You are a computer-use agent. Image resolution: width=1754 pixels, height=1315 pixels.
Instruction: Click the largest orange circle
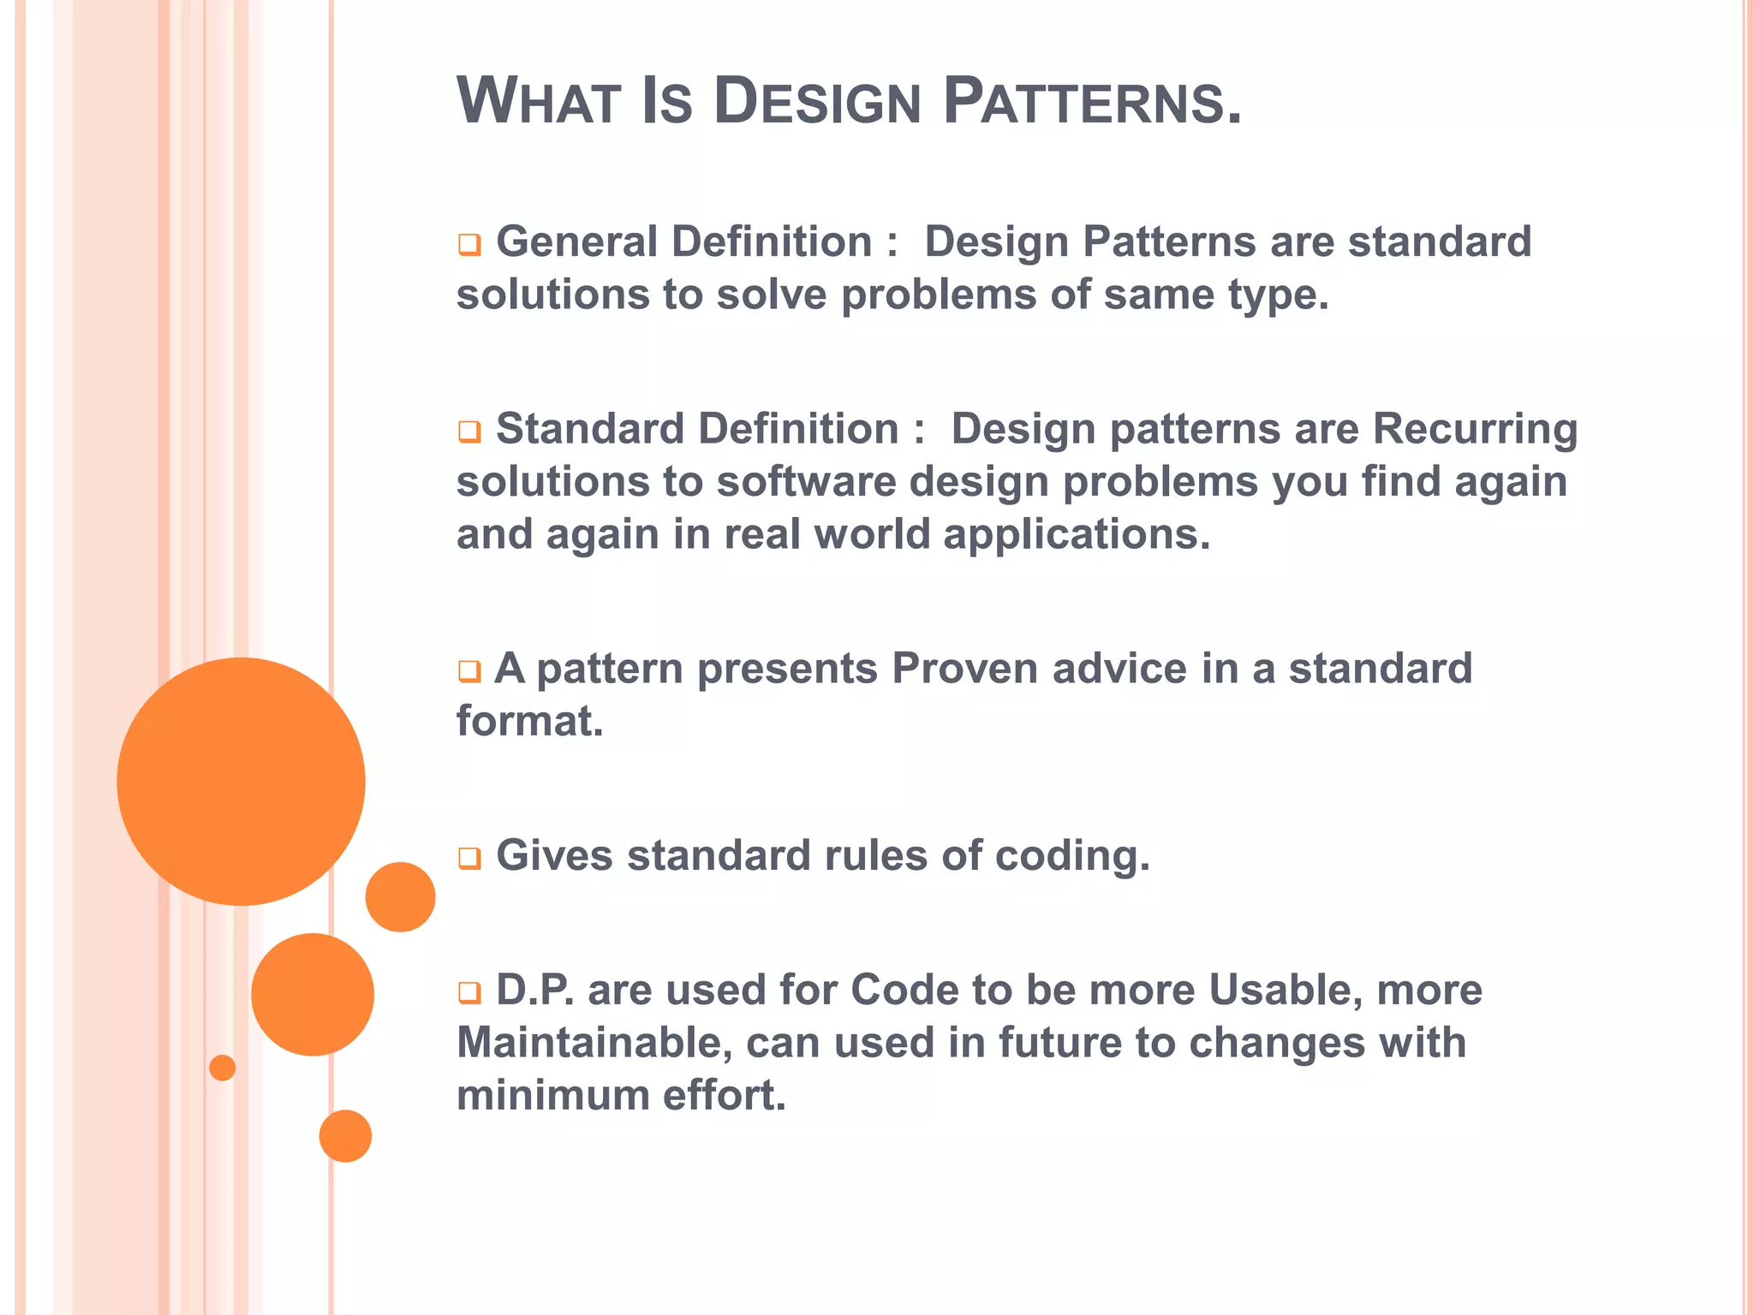coord(241,781)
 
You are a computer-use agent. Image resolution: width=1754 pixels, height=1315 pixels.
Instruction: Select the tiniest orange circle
coord(222,1068)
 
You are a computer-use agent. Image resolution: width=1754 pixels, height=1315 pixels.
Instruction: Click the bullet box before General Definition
coord(468,245)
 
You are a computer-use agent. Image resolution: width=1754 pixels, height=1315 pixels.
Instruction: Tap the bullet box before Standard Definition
coord(468,431)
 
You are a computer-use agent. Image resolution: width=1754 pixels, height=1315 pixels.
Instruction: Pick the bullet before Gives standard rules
coord(468,858)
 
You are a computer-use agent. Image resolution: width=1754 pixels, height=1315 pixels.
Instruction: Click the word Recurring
coord(1475,430)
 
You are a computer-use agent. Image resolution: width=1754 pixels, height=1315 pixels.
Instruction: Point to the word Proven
coord(964,669)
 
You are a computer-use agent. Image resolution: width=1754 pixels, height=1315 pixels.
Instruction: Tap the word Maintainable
coord(594,1044)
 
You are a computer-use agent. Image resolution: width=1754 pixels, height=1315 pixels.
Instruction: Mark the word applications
coord(1077,535)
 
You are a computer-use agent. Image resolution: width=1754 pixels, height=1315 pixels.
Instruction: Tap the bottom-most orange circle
coord(345,1136)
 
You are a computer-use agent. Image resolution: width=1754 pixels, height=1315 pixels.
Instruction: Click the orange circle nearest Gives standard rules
coord(400,897)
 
